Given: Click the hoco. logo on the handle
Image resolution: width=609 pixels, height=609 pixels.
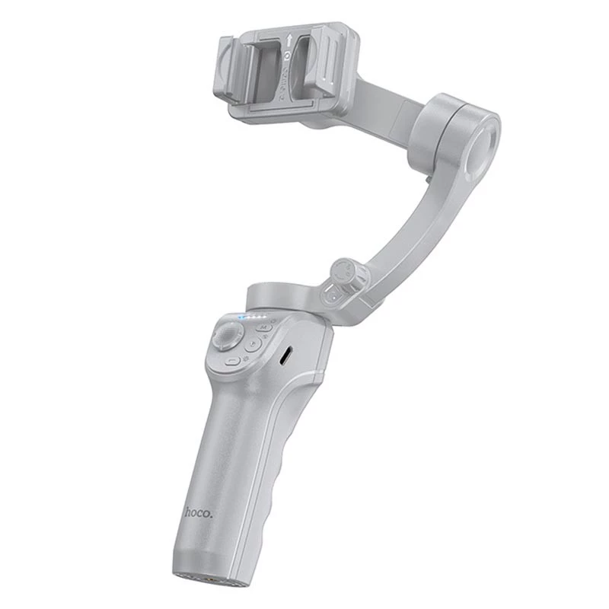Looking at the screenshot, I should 199,512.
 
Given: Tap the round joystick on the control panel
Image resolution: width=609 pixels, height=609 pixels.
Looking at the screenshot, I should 228,335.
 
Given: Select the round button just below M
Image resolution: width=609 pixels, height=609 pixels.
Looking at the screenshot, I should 256,343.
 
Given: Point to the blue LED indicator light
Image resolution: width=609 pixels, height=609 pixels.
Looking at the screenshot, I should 242,317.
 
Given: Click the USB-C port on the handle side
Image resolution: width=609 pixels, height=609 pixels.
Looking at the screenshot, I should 285,356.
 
